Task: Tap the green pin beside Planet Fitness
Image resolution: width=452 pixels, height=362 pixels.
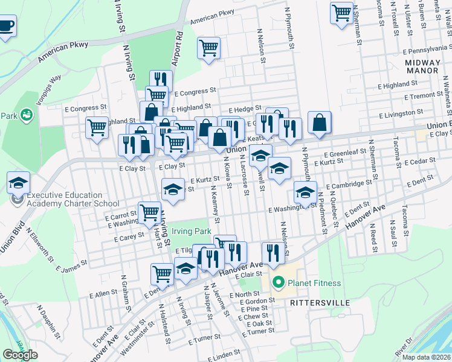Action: click(278, 282)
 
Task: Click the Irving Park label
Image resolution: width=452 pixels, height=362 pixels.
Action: click(191, 231)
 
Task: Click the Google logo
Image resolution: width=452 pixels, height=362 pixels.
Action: click(20, 355)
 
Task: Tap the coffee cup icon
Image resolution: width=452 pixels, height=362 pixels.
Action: click(6, 26)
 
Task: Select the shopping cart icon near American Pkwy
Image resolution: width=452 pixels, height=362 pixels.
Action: click(208, 48)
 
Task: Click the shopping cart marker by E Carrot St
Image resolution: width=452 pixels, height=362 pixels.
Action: click(149, 212)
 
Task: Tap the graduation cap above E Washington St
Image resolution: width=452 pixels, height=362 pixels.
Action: click(305, 193)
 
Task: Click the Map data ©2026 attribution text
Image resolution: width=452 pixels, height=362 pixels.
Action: click(427, 357)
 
